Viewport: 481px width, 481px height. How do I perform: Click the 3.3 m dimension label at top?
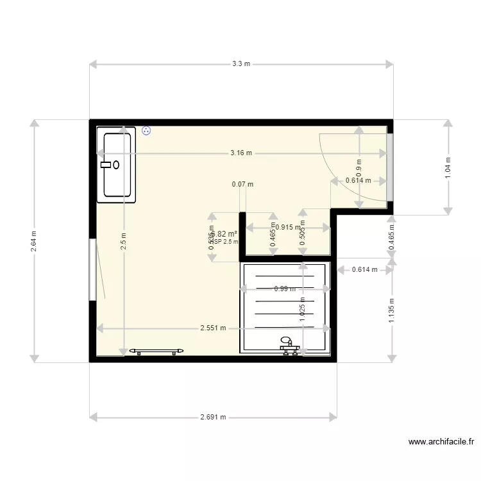[241, 63]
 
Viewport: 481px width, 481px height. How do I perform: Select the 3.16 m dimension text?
[241, 153]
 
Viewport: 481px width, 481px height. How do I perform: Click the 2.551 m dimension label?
[213, 328]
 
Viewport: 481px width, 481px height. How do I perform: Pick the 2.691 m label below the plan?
[213, 417]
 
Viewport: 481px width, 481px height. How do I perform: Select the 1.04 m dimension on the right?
[448, 167]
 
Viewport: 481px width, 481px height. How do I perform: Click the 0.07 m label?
[242, 185]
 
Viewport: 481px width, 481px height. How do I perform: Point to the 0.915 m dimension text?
[288, 227]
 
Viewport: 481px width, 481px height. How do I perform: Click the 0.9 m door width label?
[359, 167]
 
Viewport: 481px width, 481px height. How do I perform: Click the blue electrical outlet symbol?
[147, 130]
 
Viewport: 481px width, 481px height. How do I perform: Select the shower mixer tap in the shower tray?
[289, 346]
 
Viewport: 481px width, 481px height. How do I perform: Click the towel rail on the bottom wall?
[156, 351]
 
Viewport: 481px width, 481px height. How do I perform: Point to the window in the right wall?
[389, 167]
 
